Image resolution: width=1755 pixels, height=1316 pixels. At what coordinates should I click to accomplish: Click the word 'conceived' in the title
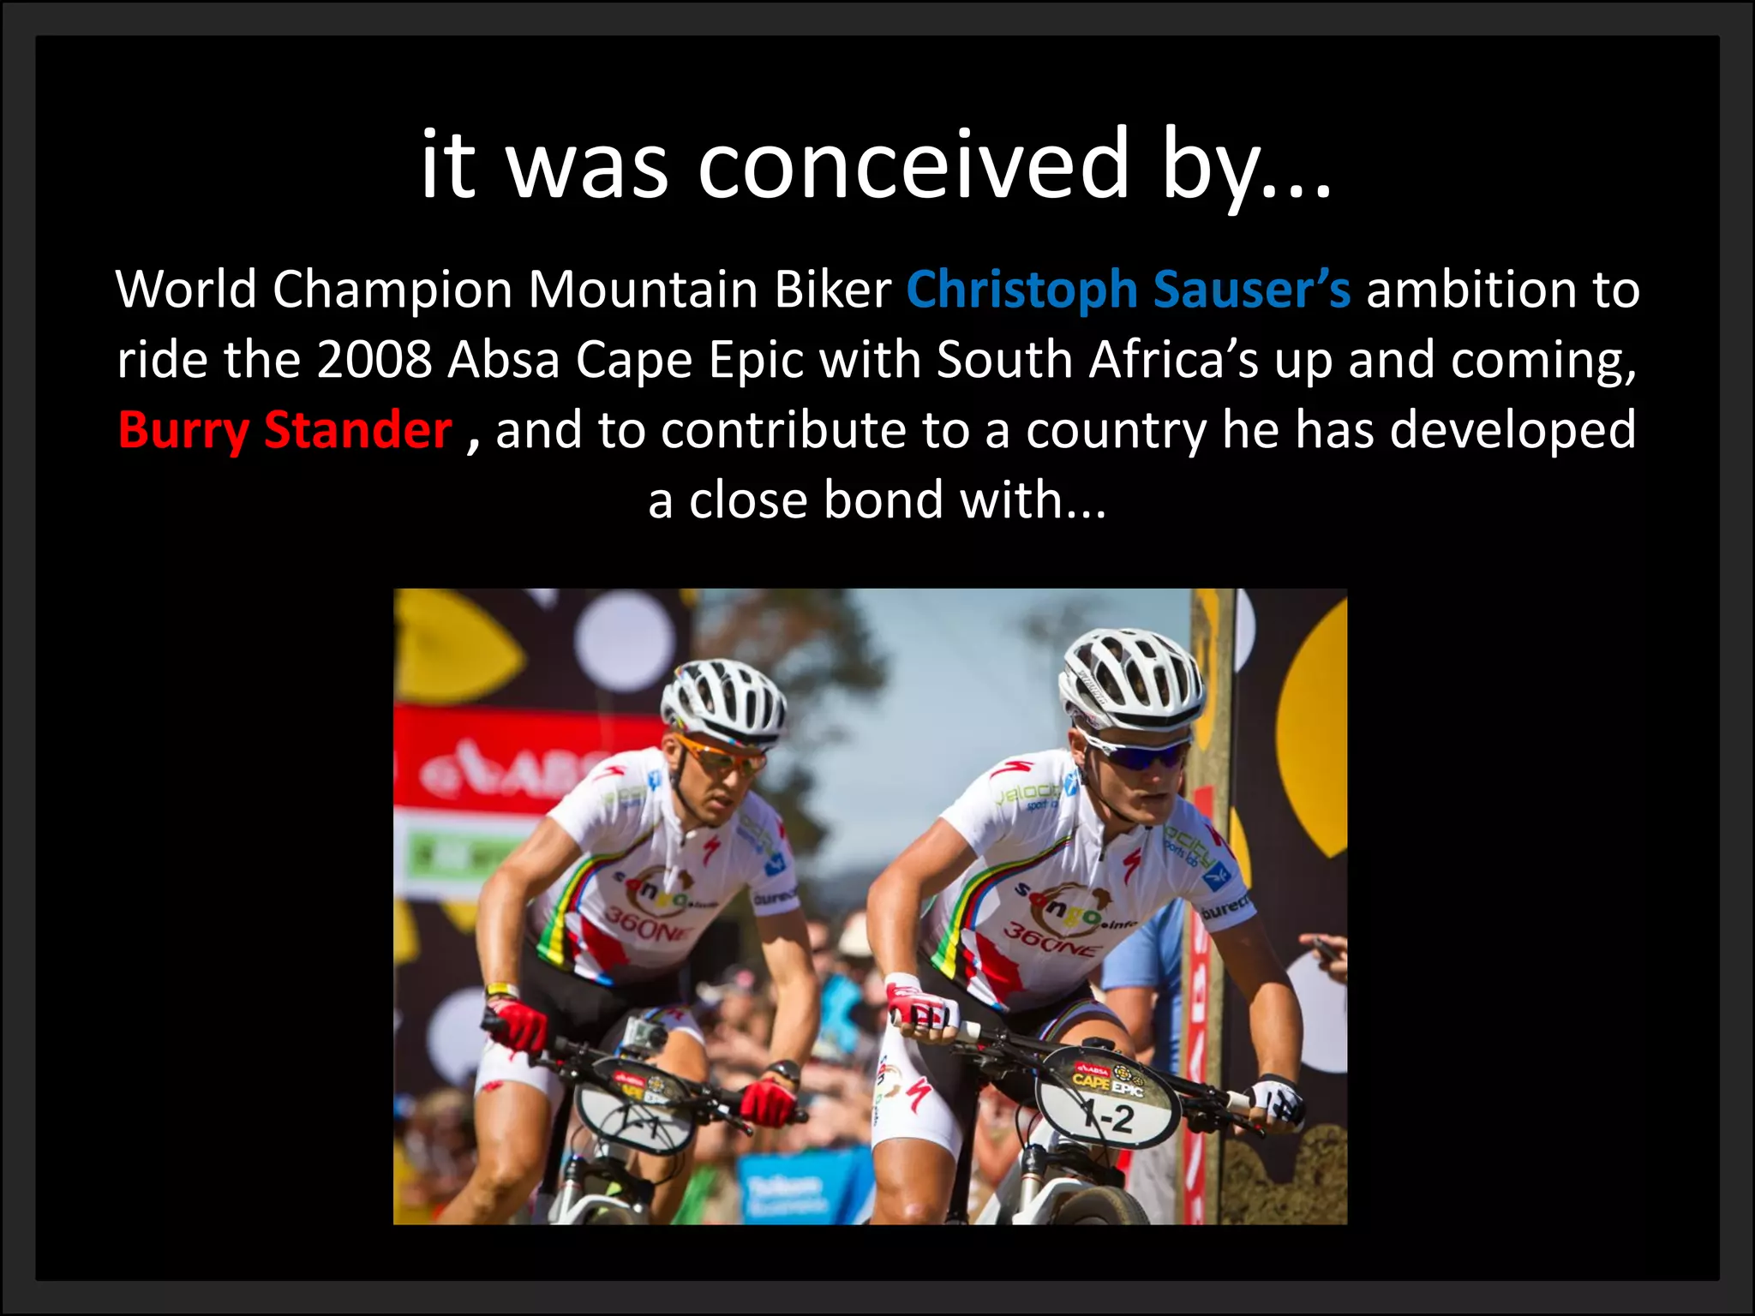(913, 164)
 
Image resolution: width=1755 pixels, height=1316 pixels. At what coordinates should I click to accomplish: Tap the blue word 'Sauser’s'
(1252, 290)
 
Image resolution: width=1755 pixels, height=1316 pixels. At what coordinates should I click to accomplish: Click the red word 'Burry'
(183, 430)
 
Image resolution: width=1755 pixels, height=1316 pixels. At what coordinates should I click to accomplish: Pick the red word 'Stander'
(357, 430)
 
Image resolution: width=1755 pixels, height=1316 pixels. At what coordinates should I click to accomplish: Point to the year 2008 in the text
(374, 360)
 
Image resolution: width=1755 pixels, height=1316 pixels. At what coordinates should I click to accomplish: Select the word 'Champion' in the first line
(391, 290)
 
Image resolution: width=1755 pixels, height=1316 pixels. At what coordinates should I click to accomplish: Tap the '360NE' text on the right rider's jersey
(1053, 939)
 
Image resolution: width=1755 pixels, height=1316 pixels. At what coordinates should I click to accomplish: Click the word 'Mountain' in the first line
(643, 290)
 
